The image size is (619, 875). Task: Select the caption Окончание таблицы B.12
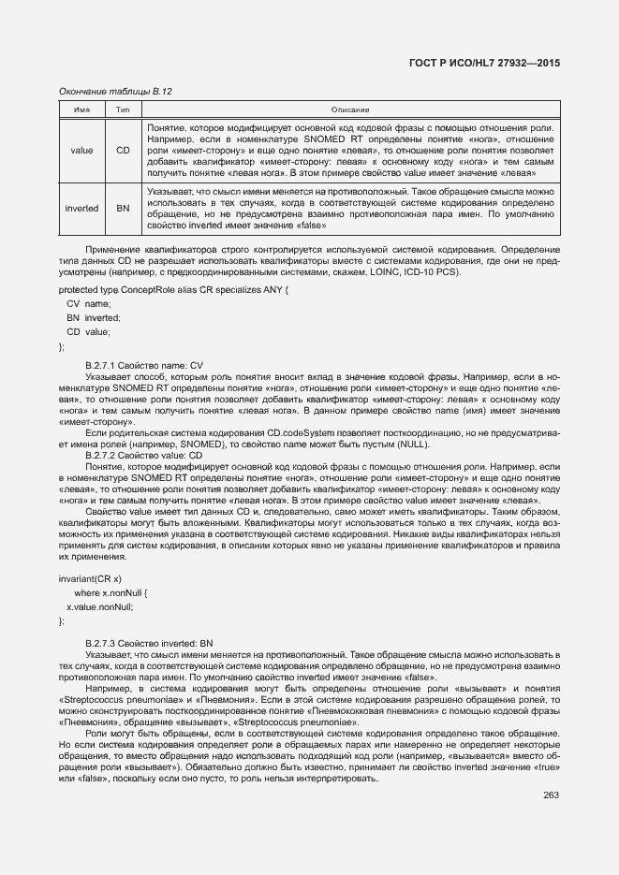115,92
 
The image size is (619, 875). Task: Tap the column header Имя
81,110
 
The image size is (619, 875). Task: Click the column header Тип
123,110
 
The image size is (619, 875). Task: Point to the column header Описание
350,110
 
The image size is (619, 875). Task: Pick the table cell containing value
81,150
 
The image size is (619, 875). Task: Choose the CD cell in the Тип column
123,150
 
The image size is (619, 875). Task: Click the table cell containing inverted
81,208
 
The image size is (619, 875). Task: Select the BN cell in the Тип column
123,208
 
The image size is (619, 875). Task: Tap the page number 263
551,795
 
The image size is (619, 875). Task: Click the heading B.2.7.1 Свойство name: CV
143,364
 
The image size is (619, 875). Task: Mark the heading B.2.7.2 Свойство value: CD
143,455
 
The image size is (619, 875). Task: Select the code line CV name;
88,304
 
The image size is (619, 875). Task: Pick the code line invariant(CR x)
90,579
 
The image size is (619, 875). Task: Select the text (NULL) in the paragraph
416,444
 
